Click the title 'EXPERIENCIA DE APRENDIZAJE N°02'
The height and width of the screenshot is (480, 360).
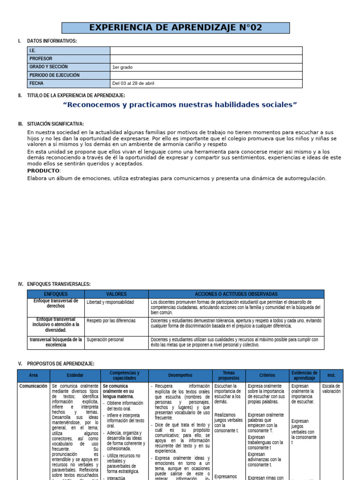[x=175, y=28]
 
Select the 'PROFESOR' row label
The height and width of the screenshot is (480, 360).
[x=41, y=59]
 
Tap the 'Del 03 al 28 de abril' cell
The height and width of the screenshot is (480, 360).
[x=133, y=83]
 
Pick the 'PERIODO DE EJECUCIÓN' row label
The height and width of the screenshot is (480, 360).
[x=54, y=75]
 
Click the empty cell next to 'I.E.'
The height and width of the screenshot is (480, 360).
[x=206, y=51]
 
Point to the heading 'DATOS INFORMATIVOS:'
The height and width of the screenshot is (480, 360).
[x=52, y=41]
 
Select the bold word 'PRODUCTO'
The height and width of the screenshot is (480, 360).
[x=44, y=171]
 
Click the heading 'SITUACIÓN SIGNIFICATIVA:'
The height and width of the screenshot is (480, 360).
[x=55, y=124]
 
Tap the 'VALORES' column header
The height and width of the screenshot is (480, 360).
[x=116, y=294]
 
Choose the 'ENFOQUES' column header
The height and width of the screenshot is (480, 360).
[x=55, y=294]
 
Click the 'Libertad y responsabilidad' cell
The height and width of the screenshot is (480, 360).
[x=110, y=302]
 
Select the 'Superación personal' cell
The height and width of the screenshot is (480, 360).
[x=105, y=339]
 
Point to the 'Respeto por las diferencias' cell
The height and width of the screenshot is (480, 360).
[x=111, y=321]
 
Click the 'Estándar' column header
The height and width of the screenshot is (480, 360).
[x=75, y=375]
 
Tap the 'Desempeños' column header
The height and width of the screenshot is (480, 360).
[x=180, y=375]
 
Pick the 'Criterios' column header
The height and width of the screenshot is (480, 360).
[x=267, y=375]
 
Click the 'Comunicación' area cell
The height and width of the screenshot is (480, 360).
[x=33, y=386]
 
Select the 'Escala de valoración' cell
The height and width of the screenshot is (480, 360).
[x=331, y=389]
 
